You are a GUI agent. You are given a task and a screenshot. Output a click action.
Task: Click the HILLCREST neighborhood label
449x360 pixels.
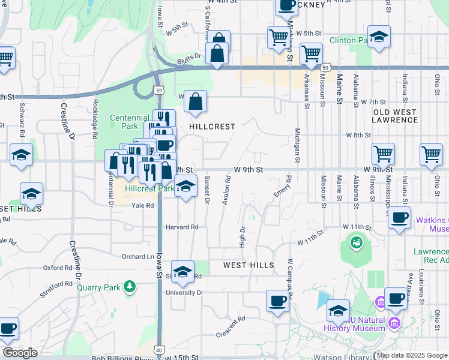tap(211, 127)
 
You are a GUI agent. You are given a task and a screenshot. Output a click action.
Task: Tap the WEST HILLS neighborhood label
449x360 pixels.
tap(249, 265)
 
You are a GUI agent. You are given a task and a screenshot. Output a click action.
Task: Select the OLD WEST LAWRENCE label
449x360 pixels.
tap(395, 116)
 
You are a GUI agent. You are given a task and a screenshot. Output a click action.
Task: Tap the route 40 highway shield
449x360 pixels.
tap(159, 349)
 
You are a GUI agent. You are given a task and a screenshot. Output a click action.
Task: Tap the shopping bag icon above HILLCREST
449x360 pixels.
tap(196, 103)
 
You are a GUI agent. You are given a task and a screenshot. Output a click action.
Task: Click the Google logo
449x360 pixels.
tap(20, 353)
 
